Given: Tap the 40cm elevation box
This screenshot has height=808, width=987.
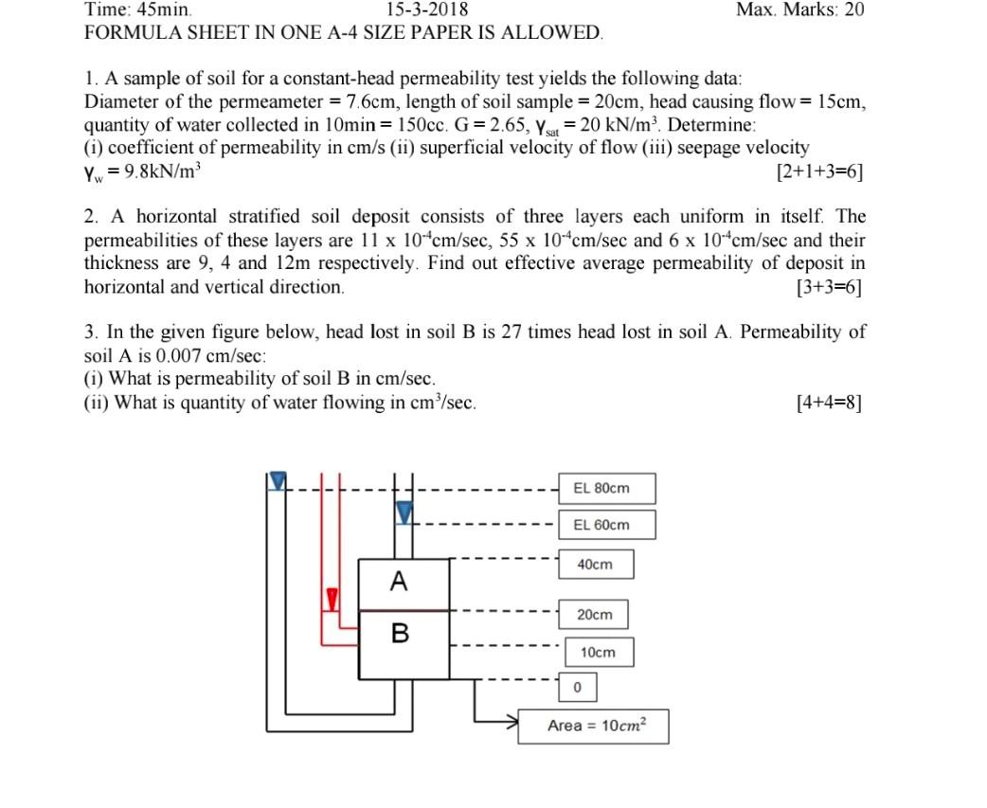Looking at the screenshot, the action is (x=595, y=565).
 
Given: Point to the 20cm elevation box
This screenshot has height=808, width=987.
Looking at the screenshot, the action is (x=595, y=615).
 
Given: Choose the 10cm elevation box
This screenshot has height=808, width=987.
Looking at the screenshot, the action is (x=598, y=653).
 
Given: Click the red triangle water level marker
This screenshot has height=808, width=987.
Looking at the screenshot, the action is (x=332, y=599).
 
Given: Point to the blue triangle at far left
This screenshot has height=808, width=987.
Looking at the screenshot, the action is (x=277, y=481).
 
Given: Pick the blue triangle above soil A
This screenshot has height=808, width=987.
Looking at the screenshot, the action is (x=404, y=513).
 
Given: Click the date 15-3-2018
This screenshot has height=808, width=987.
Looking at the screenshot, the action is (x=427, y=10).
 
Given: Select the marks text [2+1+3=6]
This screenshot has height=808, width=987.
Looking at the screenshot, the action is (x=818, y=172).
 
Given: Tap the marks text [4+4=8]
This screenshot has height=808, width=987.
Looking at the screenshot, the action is (x=830, y=402).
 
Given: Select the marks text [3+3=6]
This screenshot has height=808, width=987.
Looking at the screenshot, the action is (x=830, y=287).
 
